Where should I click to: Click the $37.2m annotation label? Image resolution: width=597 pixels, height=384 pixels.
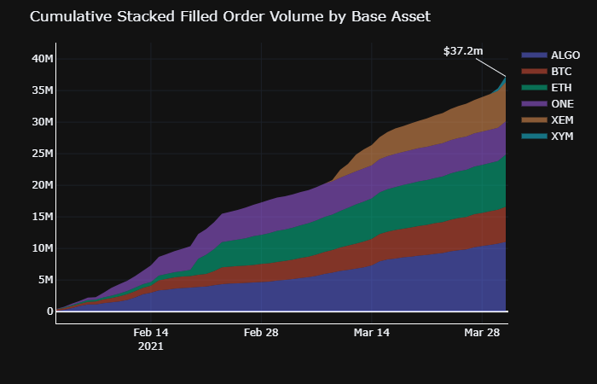tap(463, 51)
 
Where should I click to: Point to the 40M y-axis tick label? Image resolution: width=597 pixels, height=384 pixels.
tap(38, 58)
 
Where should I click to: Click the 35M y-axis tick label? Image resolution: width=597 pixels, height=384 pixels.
tap(38, 90)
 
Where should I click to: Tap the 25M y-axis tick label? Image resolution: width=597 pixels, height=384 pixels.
tap(38, 153)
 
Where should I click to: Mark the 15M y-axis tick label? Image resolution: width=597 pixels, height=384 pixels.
tap(38, 216)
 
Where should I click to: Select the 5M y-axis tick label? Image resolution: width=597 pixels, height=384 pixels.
tap(41, 279)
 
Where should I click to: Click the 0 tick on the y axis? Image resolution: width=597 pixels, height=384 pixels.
tap(48, 311)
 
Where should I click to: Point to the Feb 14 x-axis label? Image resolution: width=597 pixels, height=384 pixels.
tap(151, 333)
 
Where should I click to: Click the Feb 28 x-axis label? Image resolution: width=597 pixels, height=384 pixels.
tap(262, 333)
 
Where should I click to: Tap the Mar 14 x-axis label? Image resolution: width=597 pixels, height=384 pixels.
tap(373, 333)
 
